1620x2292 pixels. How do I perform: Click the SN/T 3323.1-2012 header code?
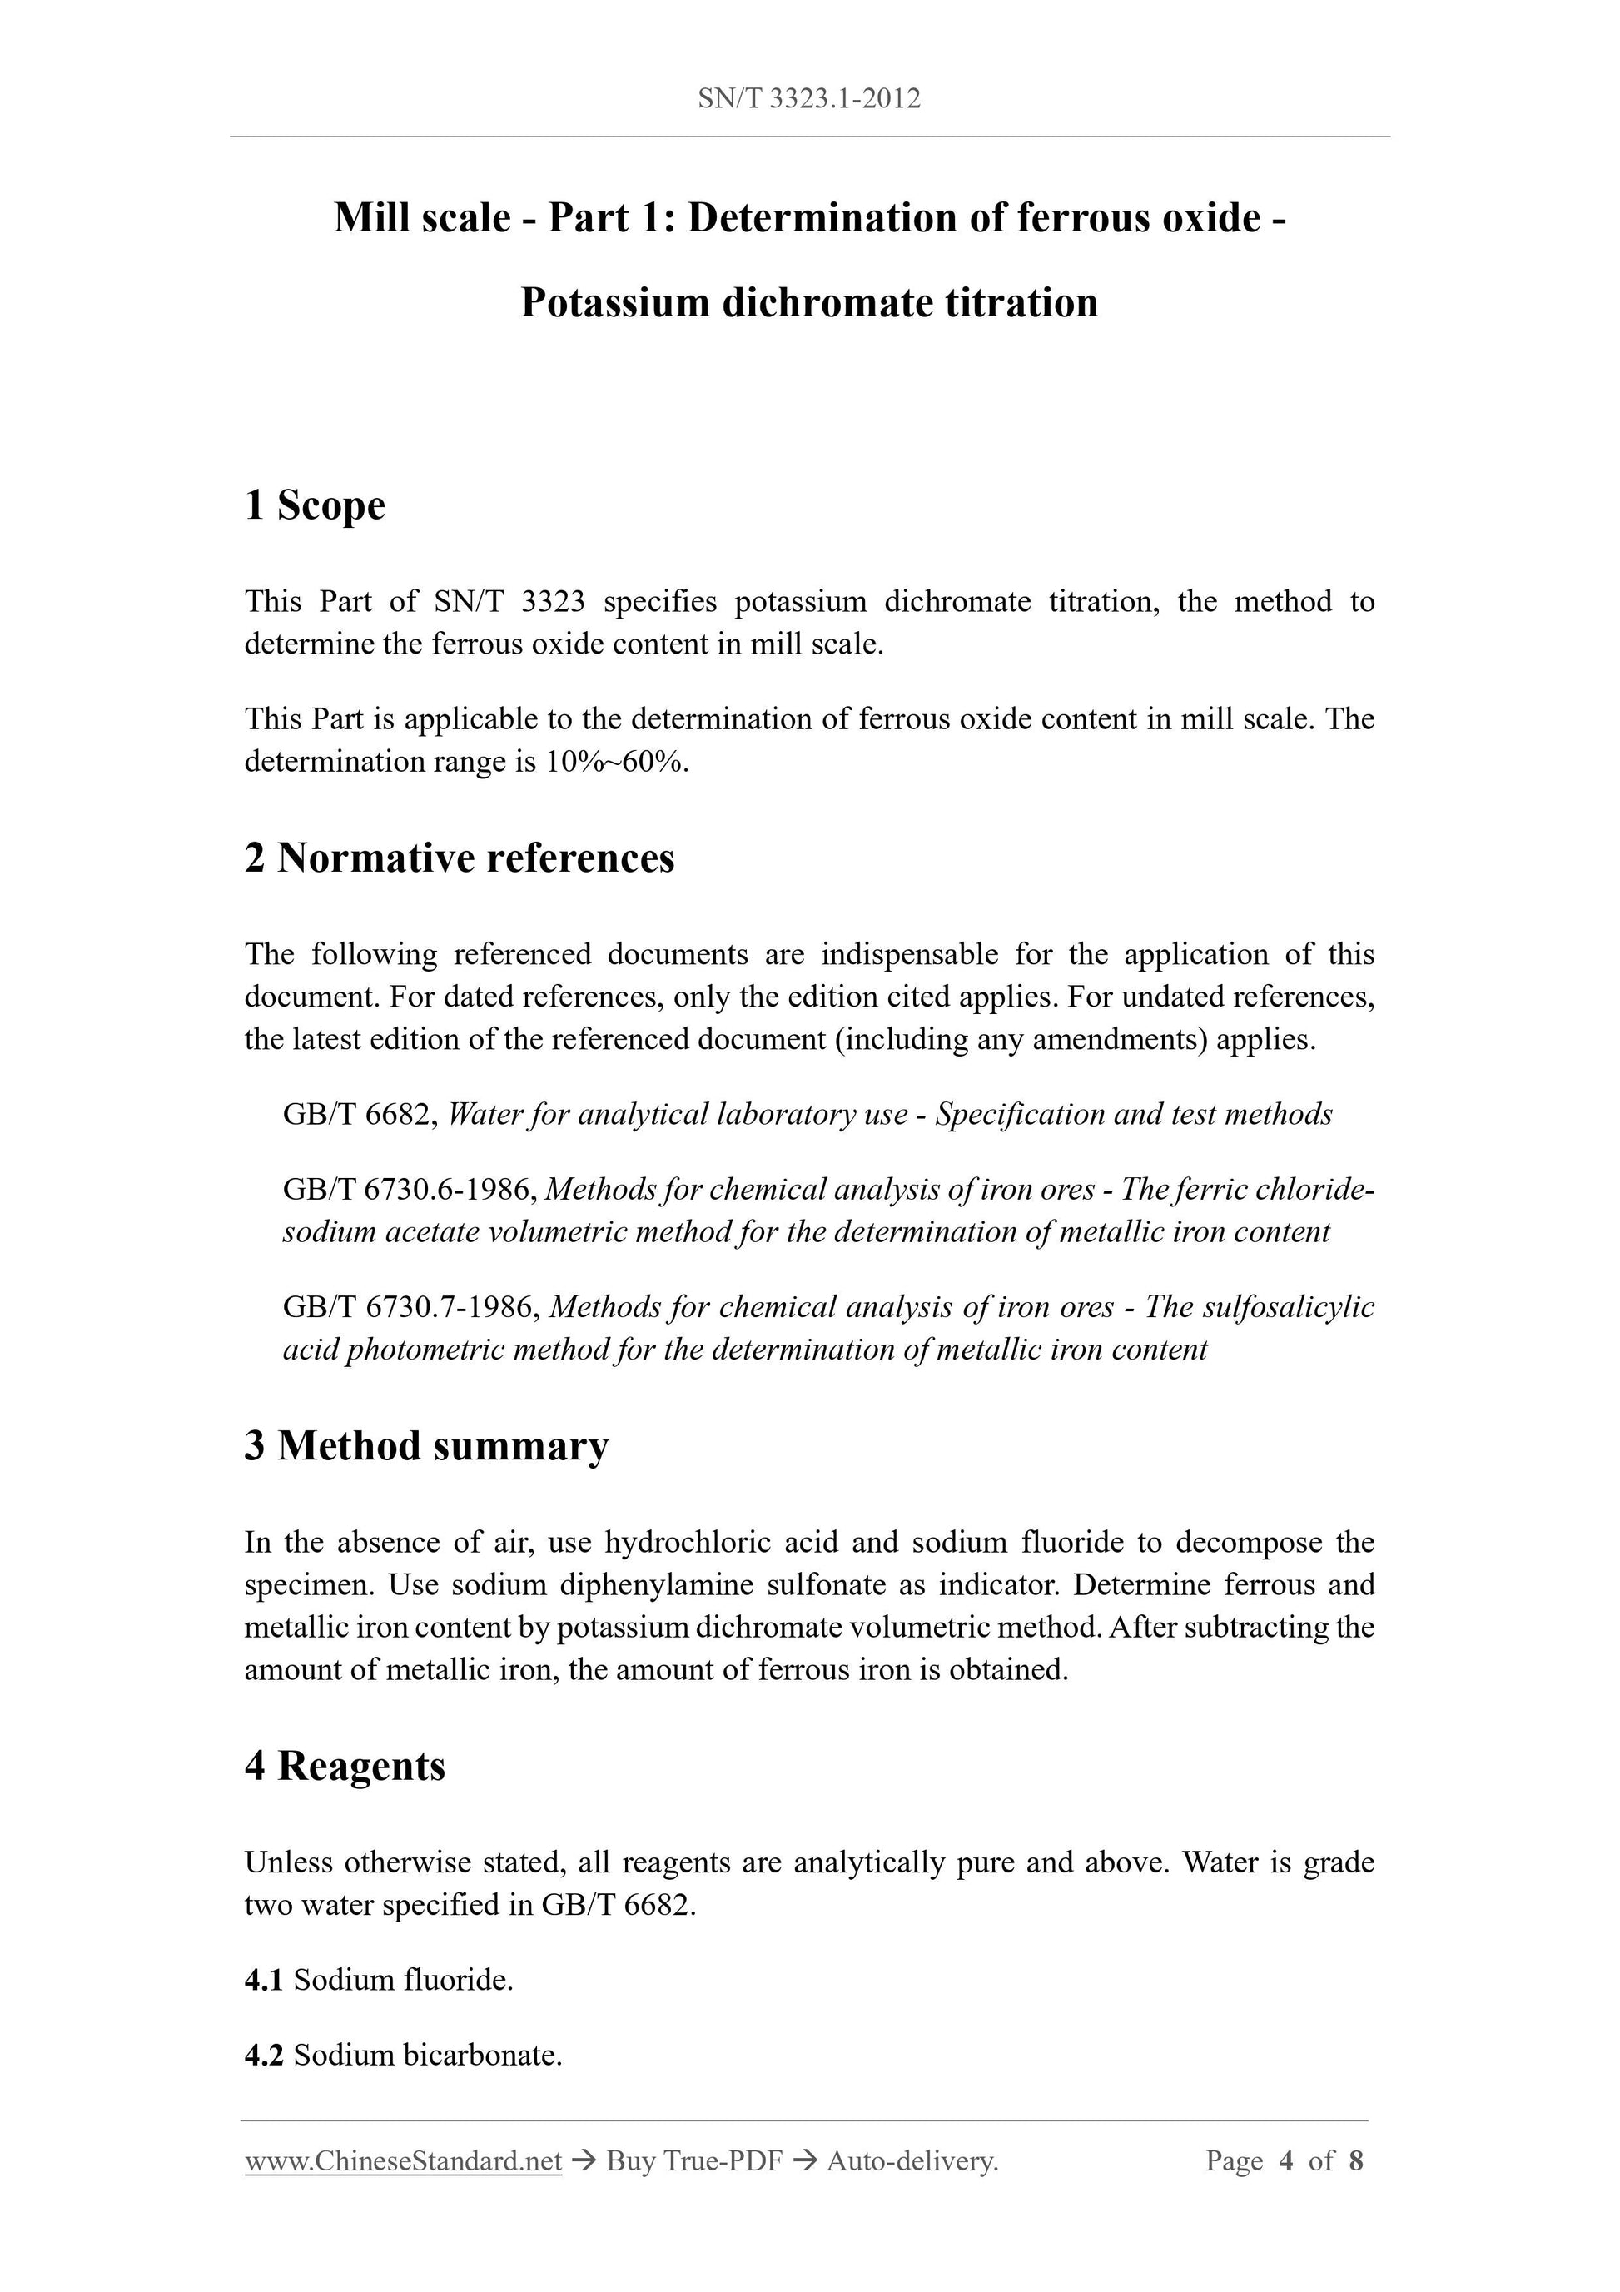[808, 99]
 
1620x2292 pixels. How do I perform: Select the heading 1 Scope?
[315, 505]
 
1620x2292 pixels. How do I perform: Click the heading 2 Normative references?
[460, 858]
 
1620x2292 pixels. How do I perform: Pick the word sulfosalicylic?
[1287, 1308]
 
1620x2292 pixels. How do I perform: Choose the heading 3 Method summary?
[426, 1446]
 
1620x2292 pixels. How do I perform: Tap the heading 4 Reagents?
[345, 1766]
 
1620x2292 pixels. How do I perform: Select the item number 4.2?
[264, 2056]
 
